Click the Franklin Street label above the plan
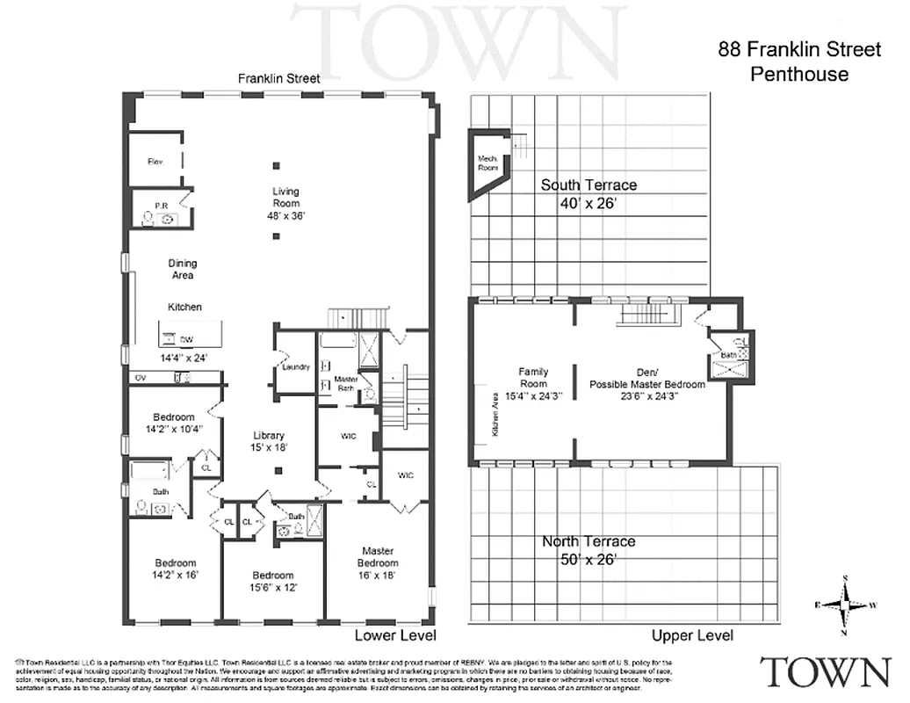pos(279,78)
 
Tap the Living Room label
pos(285,203)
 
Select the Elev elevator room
pos(155,162)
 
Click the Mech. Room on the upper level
pos(487,162)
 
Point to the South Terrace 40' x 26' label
pos(589,192)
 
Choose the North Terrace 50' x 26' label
pos(589,549)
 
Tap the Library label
pos(268,441)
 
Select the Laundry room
pos(296,366)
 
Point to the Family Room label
pos(533,383)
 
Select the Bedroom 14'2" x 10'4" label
pos(173,423)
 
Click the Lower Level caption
pos(395,634)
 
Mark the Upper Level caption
pos(692,635)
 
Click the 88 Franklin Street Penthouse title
pos(798,62)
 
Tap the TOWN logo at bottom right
pos(825,671)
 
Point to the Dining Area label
pos(183,269)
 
